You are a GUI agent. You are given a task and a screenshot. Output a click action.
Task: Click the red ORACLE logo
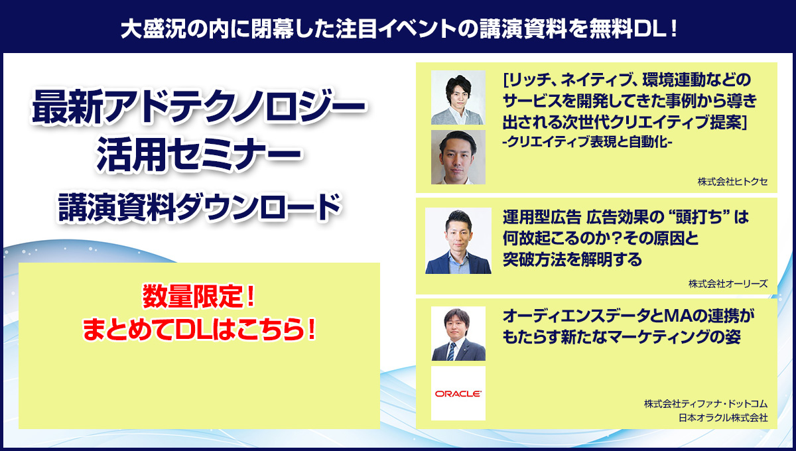coord(458,394)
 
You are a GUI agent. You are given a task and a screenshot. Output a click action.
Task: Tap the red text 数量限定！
coord(199,296)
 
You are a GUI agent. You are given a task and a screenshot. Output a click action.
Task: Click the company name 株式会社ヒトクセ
coord(732,182)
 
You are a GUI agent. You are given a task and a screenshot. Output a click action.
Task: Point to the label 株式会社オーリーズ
coord(728,284)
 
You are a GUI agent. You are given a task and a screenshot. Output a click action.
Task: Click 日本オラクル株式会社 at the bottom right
coord(723,418)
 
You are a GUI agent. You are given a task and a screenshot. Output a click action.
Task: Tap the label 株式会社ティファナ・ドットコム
coord(706,404)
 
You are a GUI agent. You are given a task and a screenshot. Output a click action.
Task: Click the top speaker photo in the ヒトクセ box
coord(458,97)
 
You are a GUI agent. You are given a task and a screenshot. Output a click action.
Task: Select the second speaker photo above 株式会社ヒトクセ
coord(458,157)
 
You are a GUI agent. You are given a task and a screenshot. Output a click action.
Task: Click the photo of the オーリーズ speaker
coord(458,241)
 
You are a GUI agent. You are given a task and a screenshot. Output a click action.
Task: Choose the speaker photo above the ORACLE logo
coord(458,334)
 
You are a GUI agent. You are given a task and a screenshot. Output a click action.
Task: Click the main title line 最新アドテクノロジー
coord(198,107)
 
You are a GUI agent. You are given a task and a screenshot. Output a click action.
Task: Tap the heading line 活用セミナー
coord(198,155)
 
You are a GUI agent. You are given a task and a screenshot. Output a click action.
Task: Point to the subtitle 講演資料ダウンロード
coord(200,207)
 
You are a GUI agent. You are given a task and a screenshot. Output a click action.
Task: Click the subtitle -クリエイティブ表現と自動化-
coord(587,142)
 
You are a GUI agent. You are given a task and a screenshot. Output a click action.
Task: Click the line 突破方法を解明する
coord(572,259)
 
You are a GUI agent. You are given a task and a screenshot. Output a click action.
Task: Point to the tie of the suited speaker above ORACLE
coord(451,351)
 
